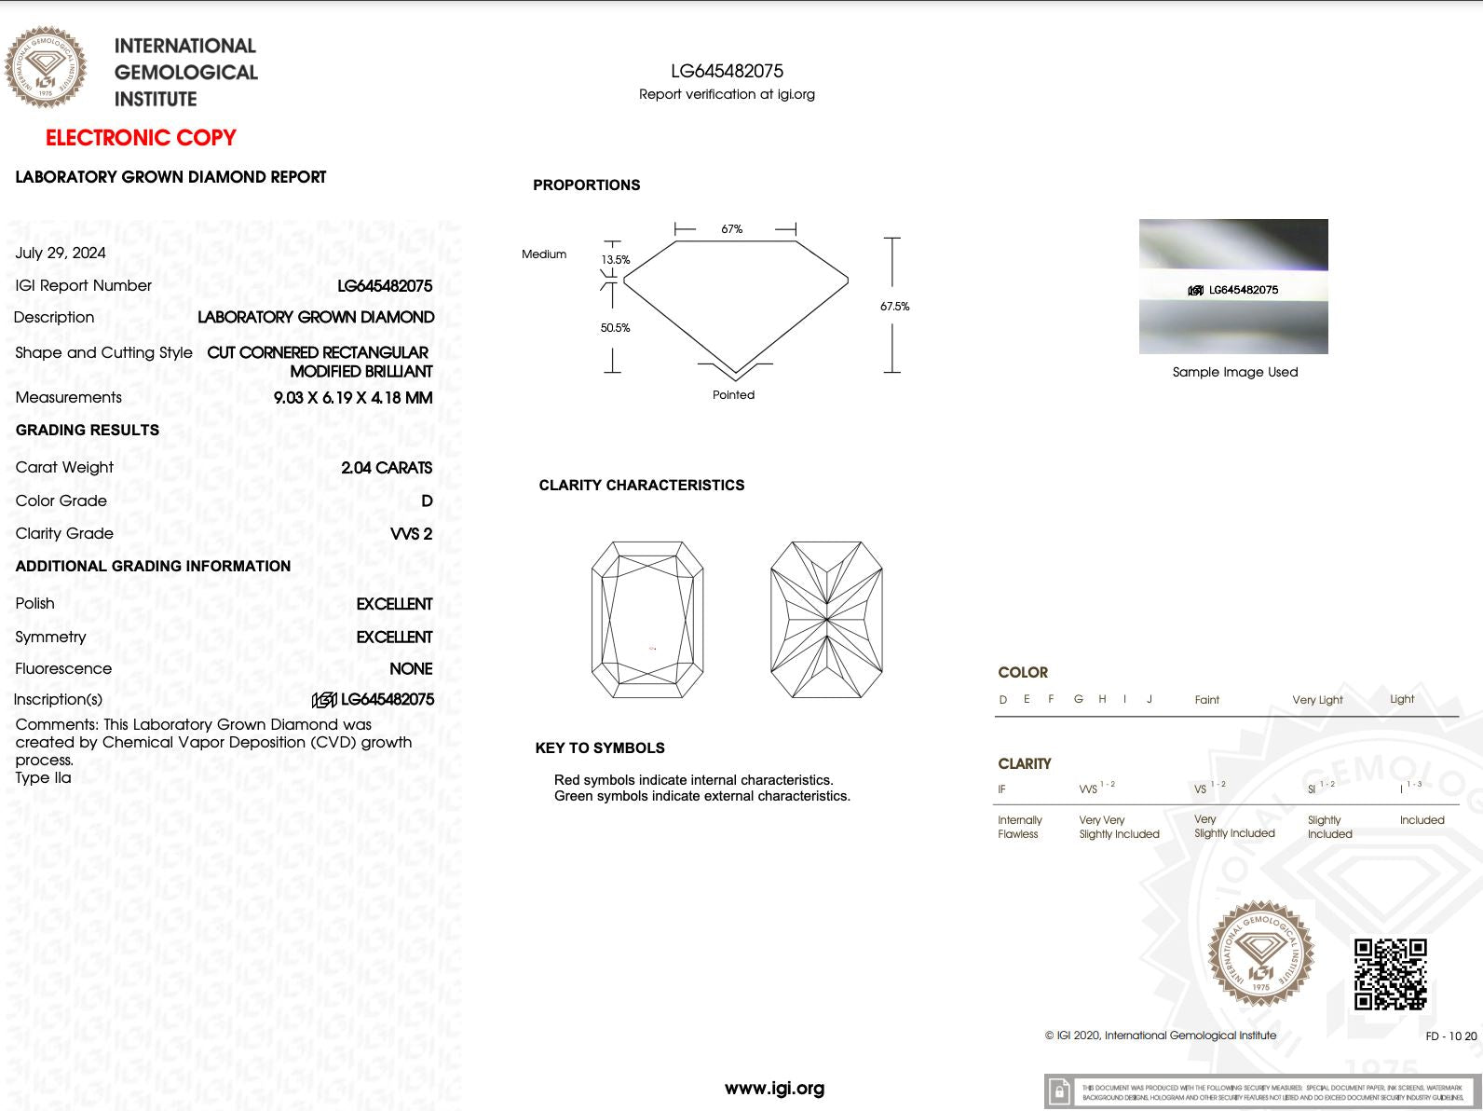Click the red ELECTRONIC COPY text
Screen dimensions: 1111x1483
click(141, 138)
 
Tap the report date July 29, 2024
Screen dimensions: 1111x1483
click(61, 253)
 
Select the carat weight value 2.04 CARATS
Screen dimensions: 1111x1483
click(387, 468)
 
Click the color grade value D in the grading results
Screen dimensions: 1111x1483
click(427, 501)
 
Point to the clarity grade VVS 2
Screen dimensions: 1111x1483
click(411, 534)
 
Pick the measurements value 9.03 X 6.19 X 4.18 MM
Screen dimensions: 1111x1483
click(352, 398)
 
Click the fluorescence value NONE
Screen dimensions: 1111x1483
click(411, 669)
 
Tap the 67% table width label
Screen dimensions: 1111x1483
click(732, 229)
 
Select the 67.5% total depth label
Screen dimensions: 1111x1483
click(894, 307)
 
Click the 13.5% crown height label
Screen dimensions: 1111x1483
click(616, 260)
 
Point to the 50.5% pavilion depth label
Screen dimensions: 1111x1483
click(615, 328)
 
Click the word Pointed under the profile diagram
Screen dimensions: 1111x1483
click(733, 395)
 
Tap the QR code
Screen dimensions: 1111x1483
click(1390, 974)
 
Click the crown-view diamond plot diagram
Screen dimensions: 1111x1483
click(647, 620)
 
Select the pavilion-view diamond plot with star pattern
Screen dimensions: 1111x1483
click(826, 620)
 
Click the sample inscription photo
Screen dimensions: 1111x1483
click(1233, 286)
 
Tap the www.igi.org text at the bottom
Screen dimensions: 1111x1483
click(774, 1088)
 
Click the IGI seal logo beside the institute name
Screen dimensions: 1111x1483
click(46, 67)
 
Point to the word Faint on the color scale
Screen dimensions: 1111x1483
click(1206, 700)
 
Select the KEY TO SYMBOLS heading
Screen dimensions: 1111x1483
click(600, 748)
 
